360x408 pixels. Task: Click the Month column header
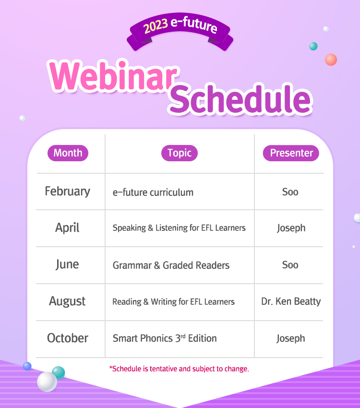(68, 153)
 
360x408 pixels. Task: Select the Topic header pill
(180, 153)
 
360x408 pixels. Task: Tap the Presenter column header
(291, 153)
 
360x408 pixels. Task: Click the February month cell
(68, 191)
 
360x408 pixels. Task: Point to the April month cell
(67, 228)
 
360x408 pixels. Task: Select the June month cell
(67, 264)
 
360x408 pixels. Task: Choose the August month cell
(67, 301)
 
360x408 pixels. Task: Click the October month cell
(68, 338)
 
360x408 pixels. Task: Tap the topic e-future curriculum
(153, 192)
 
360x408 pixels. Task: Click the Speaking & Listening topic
(179, 228)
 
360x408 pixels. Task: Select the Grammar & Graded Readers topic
(171, 265)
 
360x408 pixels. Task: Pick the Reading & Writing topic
(173, 302)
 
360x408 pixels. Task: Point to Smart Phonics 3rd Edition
(165, 338)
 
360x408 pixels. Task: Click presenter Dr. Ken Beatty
(291, 301)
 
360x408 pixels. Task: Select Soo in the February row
(290, 192)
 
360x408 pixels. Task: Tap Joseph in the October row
(291, 338)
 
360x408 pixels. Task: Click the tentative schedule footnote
(179, 369)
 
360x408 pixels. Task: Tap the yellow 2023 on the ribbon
(156, 26)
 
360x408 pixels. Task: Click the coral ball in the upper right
(331, 60)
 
